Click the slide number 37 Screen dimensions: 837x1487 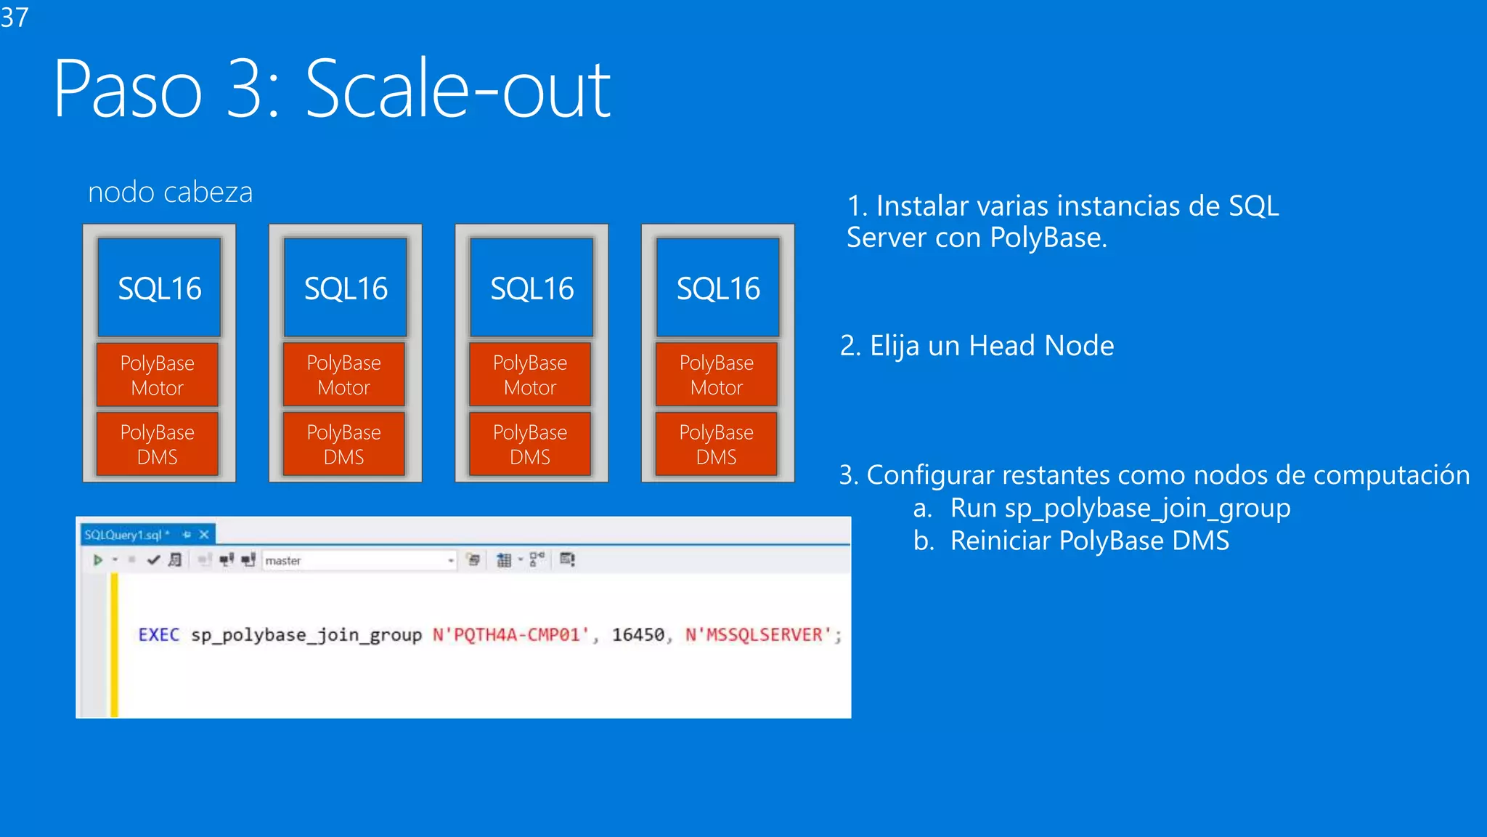(15, 17)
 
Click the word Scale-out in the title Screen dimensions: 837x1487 (457, 90)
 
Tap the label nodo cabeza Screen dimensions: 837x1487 (170, 193)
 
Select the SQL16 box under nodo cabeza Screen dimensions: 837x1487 (160, 288)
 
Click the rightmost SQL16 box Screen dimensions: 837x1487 (718, 288)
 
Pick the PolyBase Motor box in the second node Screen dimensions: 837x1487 (343, 375)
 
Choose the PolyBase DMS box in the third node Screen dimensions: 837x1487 (530, 444)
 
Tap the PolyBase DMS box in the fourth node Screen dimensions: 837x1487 (717, 444)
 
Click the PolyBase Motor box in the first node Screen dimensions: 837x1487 (158, 375)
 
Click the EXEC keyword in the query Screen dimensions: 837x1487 (158, 635)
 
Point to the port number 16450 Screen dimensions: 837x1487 (637, 635)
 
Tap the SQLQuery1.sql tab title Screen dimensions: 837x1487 (123, 535)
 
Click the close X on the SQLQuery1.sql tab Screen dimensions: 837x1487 (204, 535)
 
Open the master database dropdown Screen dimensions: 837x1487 (450, 560)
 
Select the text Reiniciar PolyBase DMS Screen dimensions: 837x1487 (1089, 541)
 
